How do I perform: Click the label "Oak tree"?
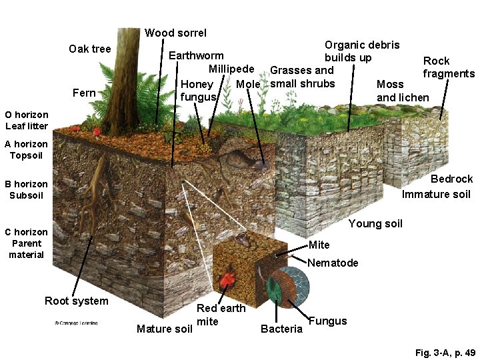pyautogui.click(x=90, y=49)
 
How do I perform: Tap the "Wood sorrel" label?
pyautogui.click(x=175, y=33)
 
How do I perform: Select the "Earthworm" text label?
pyautogui.click(x=196, y=55)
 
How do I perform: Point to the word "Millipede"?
pyautogui.click(x=231, y=69)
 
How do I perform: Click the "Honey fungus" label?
pyautogui.click(x=198, y=91)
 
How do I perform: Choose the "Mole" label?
pyautogui.click(x=248, y=84)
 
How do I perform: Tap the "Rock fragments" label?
pyautogui.click(x=448, y=67)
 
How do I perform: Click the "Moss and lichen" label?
pyautogui.click(x=403, y=91)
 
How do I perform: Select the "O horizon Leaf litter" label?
pyautogui.click(x=27, y=120)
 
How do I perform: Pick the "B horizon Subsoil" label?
pyautogui.click(x=27, y=189)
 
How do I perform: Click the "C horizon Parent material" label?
pyautogui.click(x=27, y=243)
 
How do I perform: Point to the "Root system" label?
pyautogui.click(x=76, y=301)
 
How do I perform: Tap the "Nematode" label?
pyautogui.click(x=333, y=263)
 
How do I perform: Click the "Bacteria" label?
pyautogui.click(x=281, y=329)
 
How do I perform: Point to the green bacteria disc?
pyautogui.click(x=274, y=288)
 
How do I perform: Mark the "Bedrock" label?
pyautogui.click(x=451, y=179)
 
